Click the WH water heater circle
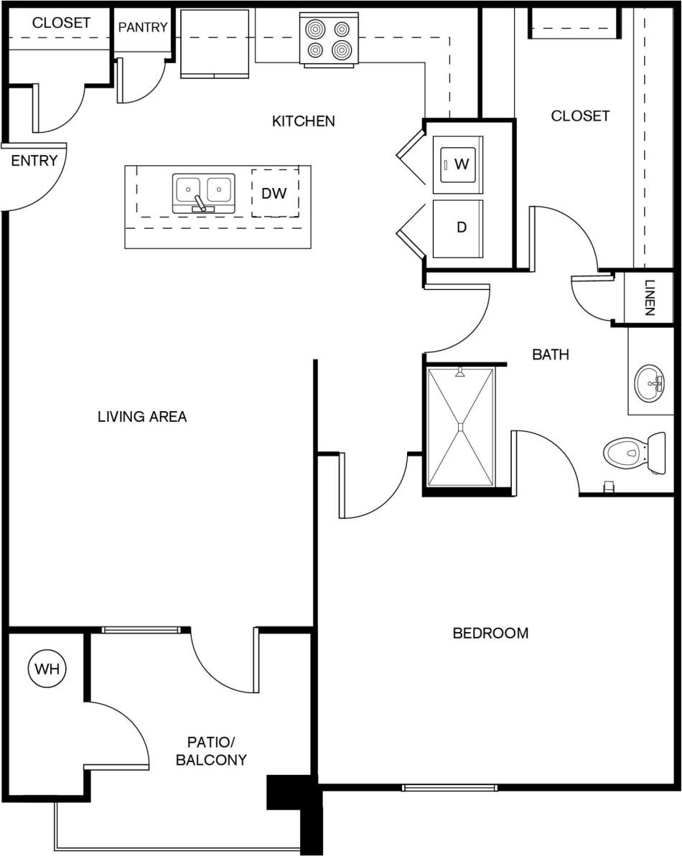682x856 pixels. click(47, 669)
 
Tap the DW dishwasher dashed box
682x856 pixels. click(275, 193)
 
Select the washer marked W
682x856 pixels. click(458, 164)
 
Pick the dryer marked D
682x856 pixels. click(458, 227)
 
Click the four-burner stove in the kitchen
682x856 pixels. click(329, 39)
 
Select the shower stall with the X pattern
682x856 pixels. click(461, 427)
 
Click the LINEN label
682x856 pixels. click(649, 298)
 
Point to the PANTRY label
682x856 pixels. click(143, 27)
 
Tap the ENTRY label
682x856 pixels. click(34, 161)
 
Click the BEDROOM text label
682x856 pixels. click(490, 633)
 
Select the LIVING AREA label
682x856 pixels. click(142, 416)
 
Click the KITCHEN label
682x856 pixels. click(303, 121)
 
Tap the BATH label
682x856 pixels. click(551, 354)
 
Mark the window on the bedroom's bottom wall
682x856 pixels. click(449, 787)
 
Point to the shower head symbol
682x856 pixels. click(460, 372)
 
